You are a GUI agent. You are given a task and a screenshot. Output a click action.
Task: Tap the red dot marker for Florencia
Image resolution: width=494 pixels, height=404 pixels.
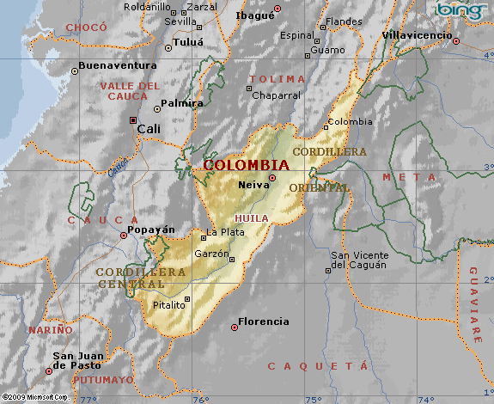tap(234, 327)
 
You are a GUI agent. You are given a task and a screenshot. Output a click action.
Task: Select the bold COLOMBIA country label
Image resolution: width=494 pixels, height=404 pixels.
tap(246, 164)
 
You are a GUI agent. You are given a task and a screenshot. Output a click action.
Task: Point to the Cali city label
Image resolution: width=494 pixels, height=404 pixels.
tap(149, 128)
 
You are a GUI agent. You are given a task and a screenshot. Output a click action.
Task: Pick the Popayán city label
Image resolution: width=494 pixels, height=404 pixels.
tap(150, 230)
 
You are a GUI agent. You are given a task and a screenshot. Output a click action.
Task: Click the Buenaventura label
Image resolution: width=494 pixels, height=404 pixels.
tap(117, 65)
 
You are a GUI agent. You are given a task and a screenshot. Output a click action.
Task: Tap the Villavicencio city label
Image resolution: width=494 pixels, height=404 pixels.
tap(417, 35)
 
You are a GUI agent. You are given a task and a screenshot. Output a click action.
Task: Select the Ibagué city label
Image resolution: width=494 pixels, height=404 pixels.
tap(253, 15)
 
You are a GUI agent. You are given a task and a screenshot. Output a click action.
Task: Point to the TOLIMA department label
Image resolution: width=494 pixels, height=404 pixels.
tap(277, 79)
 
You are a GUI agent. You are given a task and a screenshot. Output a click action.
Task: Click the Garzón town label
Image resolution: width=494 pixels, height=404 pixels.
tap(212, 254)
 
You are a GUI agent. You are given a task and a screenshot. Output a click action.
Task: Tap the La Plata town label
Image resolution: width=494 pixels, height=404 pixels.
tap(222, 233)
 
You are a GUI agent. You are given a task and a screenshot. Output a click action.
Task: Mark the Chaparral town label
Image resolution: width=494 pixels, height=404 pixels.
tap(276, 95)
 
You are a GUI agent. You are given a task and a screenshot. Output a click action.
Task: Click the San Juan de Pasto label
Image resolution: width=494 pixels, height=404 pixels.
tap(78, 361)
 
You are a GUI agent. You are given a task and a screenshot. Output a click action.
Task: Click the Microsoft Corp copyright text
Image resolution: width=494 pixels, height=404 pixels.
tap(34, 398)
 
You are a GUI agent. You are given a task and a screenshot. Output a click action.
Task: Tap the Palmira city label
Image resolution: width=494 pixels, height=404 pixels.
tap(184, 103)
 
